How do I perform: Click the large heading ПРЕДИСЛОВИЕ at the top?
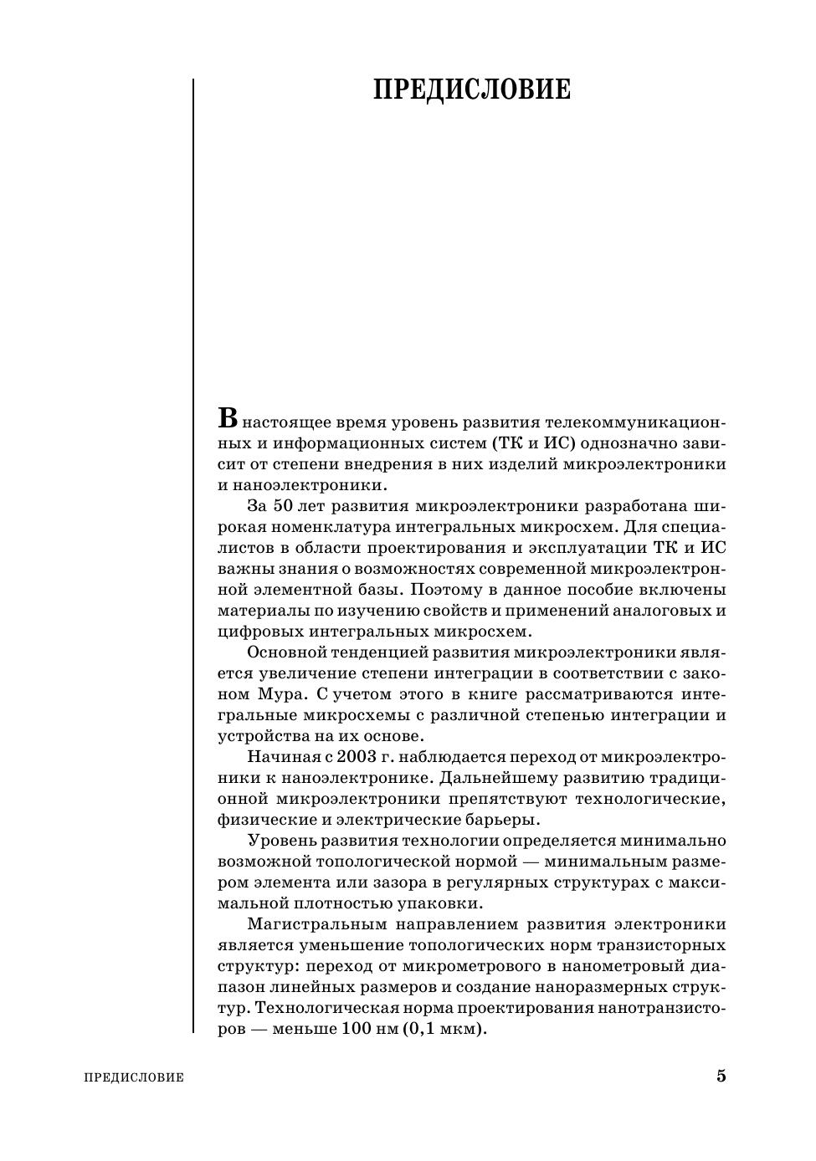click(472, 90)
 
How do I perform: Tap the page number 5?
click(721, 1076)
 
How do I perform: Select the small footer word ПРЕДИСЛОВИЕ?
click(134, 1077)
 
